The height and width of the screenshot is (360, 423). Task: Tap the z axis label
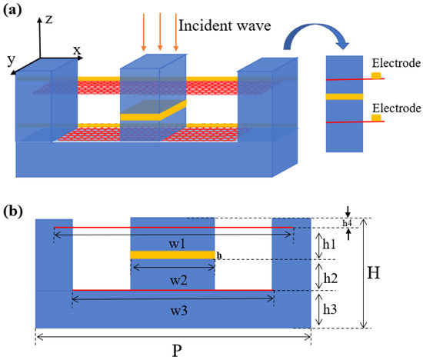(x=49, y=21)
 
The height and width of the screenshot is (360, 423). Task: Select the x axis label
(x=77, y=50)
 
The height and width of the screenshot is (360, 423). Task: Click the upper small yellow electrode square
(x=375, y=75)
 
